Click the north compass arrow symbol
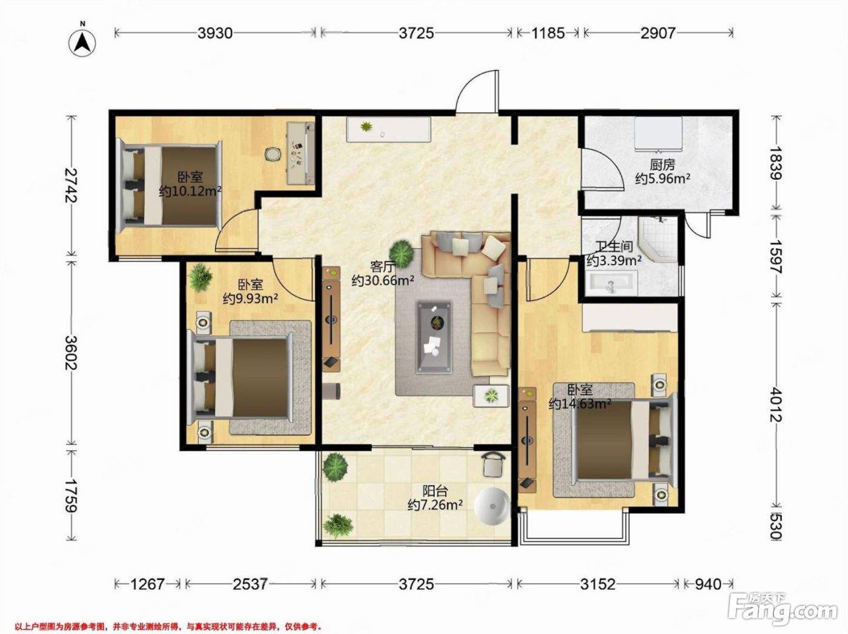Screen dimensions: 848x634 [82, 42]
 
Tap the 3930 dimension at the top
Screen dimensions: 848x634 [215, 33]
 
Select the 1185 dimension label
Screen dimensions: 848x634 [548, 33]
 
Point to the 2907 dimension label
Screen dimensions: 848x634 [658, 33]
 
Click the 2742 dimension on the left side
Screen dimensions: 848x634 [71, 185]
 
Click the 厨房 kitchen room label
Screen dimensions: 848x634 [662, 165]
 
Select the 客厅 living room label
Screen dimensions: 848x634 [382, 267]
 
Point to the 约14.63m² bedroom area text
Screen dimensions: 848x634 [580, 405]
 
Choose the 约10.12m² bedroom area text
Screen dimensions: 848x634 [190, 191]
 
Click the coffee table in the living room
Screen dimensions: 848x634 [434, 337]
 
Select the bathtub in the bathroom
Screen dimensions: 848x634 [611, 284]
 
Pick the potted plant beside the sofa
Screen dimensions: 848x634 [402, 253]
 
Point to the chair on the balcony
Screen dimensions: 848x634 [493, 464]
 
